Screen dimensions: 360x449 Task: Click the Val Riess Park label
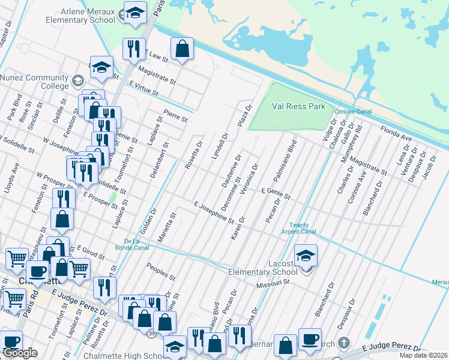pos(298,106)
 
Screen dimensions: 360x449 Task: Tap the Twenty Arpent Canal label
pos(298,228)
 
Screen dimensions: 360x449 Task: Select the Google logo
pos(20,353)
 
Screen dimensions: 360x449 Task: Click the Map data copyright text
pos(423,355)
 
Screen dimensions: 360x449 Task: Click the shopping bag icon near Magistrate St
pos(182,50)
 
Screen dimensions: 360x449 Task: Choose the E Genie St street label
pos(275,193)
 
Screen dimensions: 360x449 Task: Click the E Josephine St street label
pos(214,212)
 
